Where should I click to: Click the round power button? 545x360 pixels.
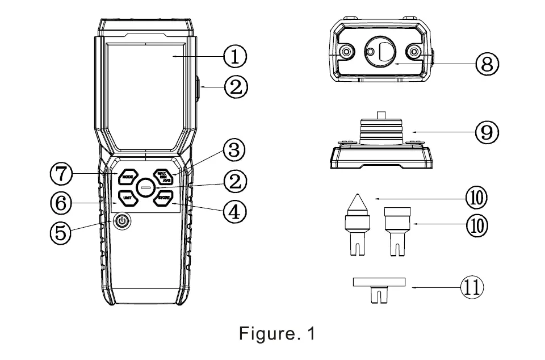tap(121, 221)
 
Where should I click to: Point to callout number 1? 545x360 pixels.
tap(234, 56)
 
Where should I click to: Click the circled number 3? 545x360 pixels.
tap(234, 151)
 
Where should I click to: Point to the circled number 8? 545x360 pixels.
tap(487, 64)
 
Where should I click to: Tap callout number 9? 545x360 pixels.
tap(487, 132)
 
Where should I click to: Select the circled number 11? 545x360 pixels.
tap(471, 287)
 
